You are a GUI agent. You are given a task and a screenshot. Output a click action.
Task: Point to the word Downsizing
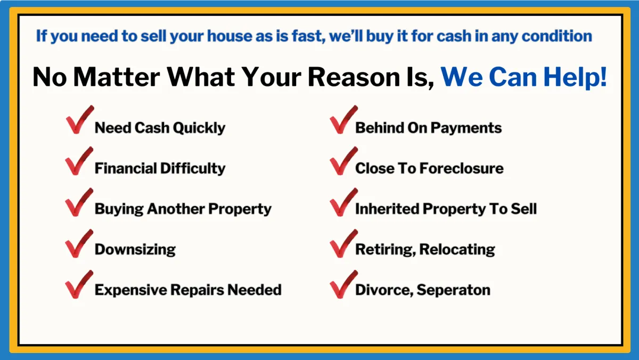135,250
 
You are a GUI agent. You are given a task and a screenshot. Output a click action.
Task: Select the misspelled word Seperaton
453,290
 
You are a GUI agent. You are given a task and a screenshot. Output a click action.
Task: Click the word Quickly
199,128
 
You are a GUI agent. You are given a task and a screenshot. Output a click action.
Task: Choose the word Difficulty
193,168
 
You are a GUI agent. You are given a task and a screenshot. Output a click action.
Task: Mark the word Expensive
131,290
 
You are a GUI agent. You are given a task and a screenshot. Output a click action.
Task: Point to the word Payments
466,128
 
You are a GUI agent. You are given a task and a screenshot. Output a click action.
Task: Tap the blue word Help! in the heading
575,77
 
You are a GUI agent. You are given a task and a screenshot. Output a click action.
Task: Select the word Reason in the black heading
354,77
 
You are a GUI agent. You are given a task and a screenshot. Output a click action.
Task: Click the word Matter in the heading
117,77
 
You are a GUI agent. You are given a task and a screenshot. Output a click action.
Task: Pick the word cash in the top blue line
454,36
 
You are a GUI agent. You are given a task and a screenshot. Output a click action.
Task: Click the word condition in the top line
557,36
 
